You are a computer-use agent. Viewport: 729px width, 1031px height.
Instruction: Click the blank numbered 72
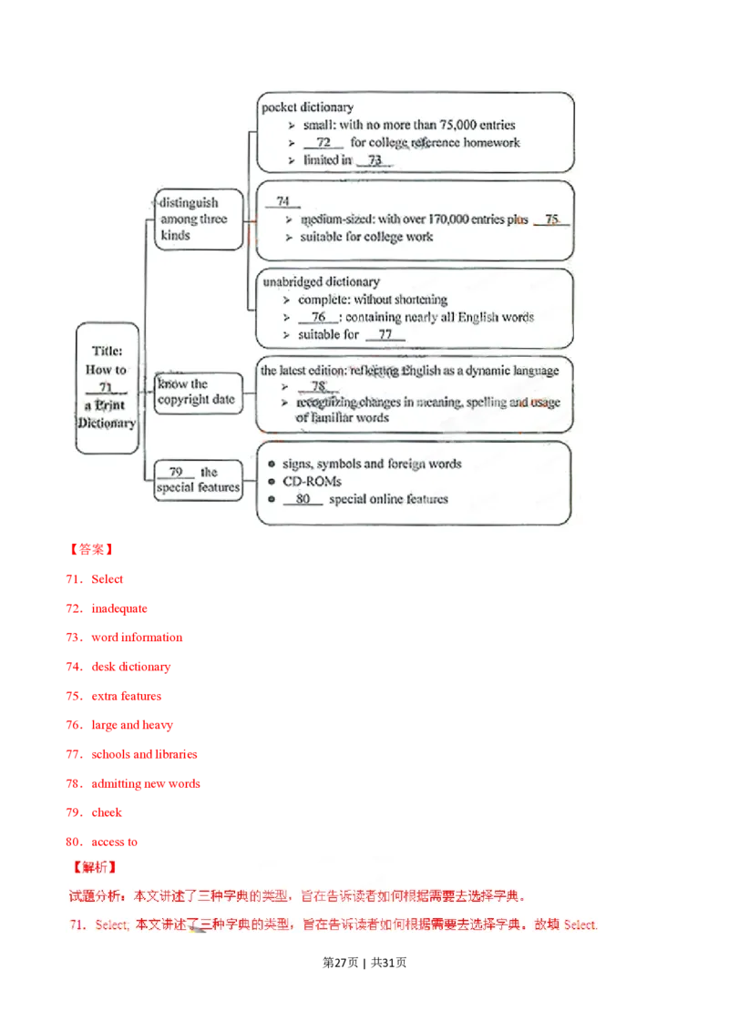pyautogui.click(x=323, y=143)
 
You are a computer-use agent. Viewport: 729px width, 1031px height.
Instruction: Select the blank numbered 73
pyautogui.click(x=375, y=160)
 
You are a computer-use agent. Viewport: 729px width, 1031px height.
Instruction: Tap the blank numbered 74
pyautogui.click(x=283, y=202)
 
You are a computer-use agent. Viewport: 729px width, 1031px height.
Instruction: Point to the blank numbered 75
pyautogui.click(x=551, y=220)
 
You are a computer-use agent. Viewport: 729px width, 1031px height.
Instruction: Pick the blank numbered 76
pyautogui.click(x=318, y=317)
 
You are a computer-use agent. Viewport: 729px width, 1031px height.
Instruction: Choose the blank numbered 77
pyautogui.click(x=385, y=335)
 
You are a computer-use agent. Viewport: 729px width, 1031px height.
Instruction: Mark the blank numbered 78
pyautogui.click(x=318, y=386)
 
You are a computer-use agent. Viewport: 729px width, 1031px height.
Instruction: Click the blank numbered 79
pyautogui.click(x=176, y=472)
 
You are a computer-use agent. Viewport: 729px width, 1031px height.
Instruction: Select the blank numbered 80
pyautogui.click(x=303, y=499)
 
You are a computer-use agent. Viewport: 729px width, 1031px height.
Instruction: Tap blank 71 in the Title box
pyautogui.click(x=106, y=388)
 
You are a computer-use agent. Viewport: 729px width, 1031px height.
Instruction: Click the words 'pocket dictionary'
pyautogui.click(x=307, y=107)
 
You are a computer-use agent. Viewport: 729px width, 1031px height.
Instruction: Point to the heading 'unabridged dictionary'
pyautogui.click(x=320, y=282)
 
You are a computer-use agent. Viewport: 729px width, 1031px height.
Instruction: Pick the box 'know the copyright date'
pyautogui.click(x=196, y=393)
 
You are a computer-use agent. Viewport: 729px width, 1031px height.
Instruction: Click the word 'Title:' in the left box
pyautogui.click(x=107, y=351)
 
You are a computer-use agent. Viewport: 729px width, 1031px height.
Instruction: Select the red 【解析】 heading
pyautogui.click(x=93, y=866)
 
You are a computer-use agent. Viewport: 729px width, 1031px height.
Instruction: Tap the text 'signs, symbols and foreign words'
pyautogui.click(x=372, y=464)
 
